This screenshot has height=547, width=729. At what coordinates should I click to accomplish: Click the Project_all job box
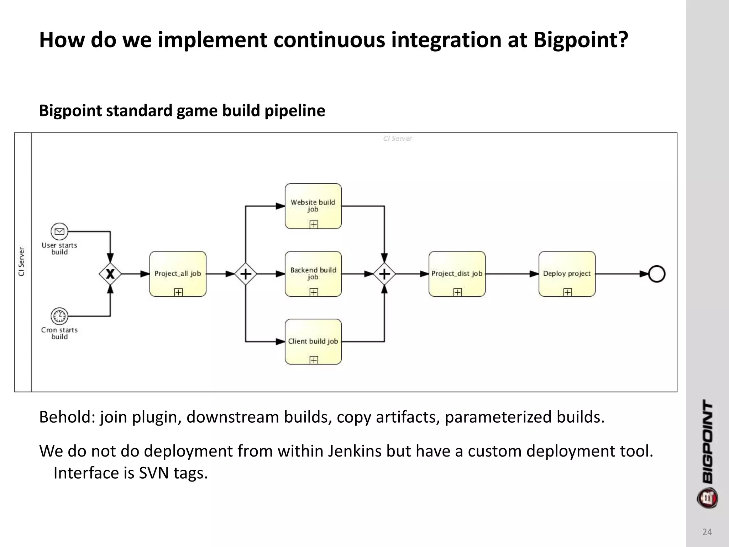tap(178, 273)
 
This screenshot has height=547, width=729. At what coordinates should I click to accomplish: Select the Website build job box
tap(313, 206)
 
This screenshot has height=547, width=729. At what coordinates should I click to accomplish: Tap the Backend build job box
tap(313, 273)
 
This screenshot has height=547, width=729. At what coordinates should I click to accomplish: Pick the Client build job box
tap(313, 341)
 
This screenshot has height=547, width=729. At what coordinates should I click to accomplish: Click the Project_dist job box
tap(457, 273)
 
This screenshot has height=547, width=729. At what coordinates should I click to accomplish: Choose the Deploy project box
tap(567, 273)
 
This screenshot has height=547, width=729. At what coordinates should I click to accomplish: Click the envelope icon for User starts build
tap(59, 232)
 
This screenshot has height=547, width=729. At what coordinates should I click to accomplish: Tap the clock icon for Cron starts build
tap(59, 316)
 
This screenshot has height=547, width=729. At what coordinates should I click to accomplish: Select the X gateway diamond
tap(110, 274)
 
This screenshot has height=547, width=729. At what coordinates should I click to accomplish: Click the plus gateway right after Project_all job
tap(246, 274)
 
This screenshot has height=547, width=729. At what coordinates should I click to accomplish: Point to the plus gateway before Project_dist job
tap(384, 274)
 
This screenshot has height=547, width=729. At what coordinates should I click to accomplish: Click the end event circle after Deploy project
tap(657, 274)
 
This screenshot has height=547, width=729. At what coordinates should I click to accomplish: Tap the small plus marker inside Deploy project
tap(568, 292)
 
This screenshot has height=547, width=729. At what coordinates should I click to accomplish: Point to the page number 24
tap(707, 532)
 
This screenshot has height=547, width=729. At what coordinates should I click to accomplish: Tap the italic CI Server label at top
tap(397, 139)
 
